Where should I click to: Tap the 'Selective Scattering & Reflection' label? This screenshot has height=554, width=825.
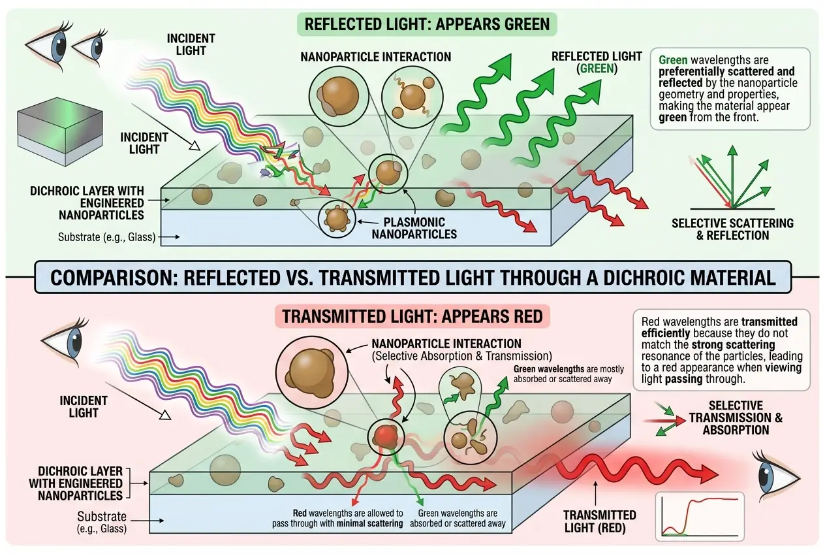click(x=732, y=229)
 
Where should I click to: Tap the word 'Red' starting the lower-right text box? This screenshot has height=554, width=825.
click(x=651, y=321)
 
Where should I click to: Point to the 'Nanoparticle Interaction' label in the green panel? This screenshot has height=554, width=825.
click(x=375, y=57)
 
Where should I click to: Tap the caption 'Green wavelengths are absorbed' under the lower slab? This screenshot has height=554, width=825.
click(x=458, y=518)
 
